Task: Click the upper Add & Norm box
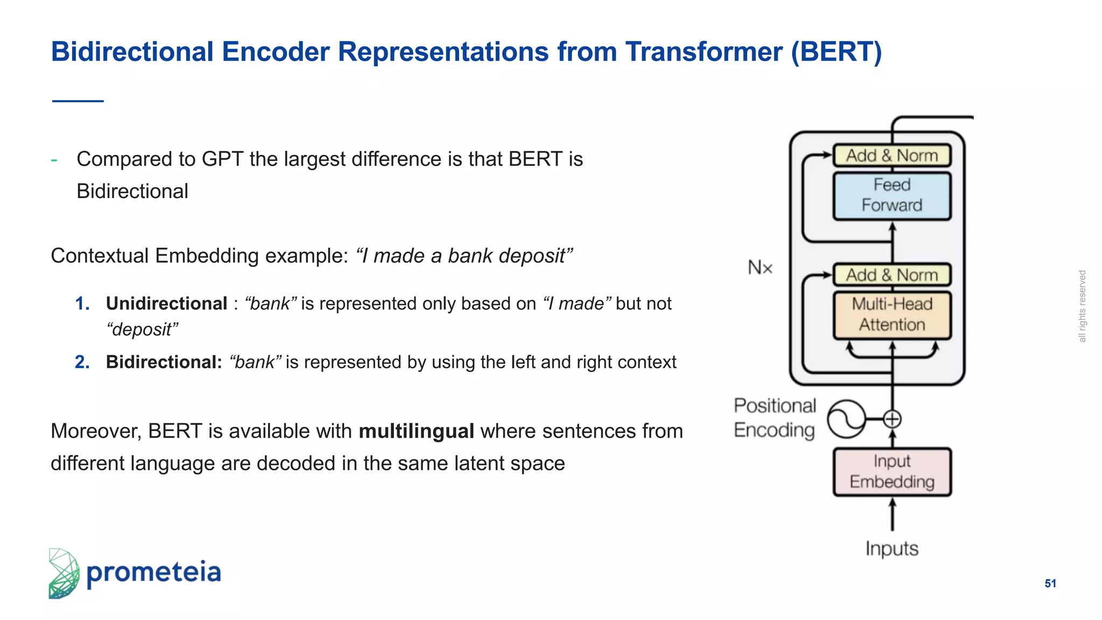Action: (x=892, y=156)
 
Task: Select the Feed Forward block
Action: (x=892, y=195)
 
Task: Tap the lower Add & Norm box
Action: (x=892, y=275)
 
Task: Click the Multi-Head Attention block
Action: (x=892, y=315)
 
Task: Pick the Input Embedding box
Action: (x=892, y=471)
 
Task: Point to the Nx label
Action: (x=760, y=267)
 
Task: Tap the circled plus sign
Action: (x=892, y=419)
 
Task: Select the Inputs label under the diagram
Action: (x=892, y=549)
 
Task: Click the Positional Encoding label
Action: (x=774, y=418)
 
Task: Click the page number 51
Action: (x=1050, y=583)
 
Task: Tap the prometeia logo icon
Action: (x=63, y=573)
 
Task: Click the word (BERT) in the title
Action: (x=836, y=52)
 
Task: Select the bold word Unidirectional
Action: (x=166, y=304)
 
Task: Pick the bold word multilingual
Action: (x=416, y=432)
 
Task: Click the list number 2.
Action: (x=82, y=362)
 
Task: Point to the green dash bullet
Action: (x=54, y=160)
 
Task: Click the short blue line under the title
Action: (x=77, y=101)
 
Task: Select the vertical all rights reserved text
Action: (x=1082, y=306)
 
